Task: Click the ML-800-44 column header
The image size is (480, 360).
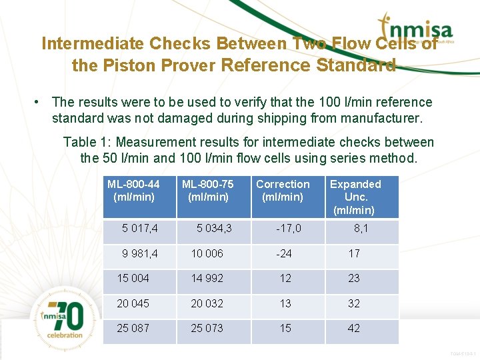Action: coord(134,191)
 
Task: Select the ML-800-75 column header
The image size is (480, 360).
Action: coord(208,191)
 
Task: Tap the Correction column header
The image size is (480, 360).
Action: coord(283,191)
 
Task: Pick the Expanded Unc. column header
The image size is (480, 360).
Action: coord(355,197)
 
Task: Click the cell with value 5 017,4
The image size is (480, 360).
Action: coord(140,229)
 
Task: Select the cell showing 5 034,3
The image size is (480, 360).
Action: coord(214,229)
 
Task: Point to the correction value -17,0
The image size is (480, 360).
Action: coord(289,229)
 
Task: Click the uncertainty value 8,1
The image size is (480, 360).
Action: coord(361,229)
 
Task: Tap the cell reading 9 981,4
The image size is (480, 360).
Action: coord(140,253)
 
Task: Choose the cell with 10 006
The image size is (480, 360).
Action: coord(207,253)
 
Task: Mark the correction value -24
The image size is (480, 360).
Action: coord(285,253)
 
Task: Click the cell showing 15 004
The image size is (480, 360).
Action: coord(133,278)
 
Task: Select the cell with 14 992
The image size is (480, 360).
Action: coord(207,278)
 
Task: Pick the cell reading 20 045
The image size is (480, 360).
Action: coord(133,303)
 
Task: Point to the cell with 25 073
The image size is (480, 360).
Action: coord(207,328)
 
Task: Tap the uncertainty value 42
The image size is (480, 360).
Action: coord(354,328)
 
